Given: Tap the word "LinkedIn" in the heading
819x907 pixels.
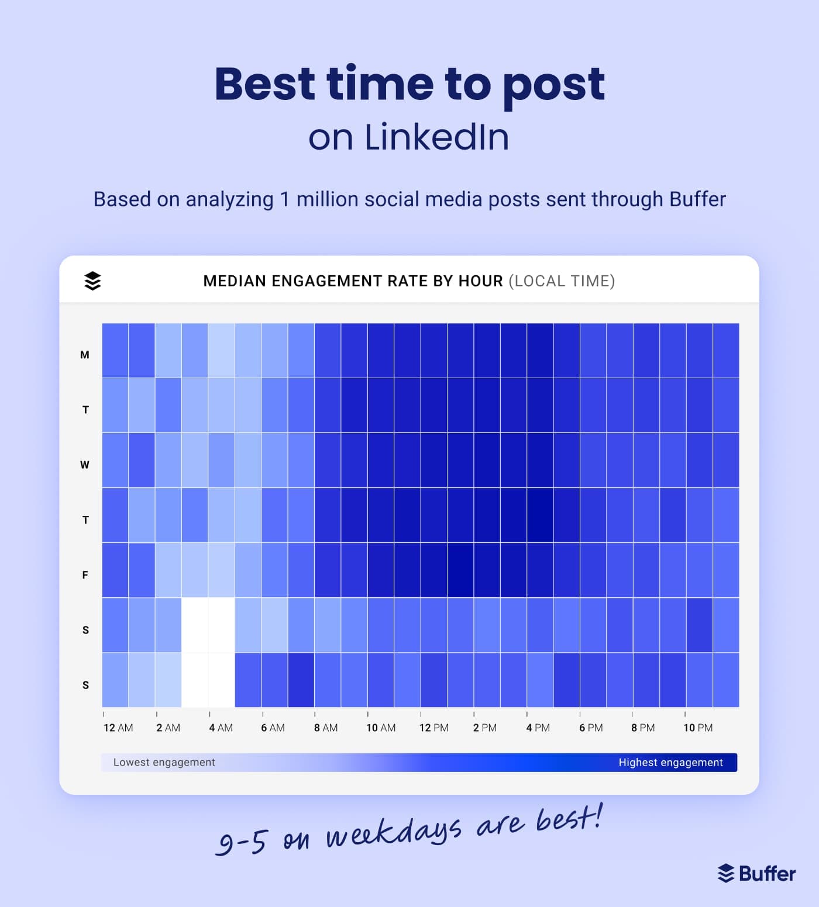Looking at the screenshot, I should [436, 137].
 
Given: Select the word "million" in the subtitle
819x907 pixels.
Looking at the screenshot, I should [327, 199].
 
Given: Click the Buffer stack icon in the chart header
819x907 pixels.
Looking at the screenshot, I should [92, 281].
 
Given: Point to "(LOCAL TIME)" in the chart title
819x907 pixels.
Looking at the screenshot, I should [562, 281].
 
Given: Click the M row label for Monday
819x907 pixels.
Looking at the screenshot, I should [85, 355].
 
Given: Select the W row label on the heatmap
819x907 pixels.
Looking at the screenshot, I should [85, 465].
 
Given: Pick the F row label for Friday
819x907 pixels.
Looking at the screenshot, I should [85, 575].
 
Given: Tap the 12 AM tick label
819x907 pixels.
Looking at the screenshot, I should [118, 728].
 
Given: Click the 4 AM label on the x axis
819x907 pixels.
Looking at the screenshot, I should [221, 728].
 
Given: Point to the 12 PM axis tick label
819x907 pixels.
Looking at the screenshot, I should [433, 728].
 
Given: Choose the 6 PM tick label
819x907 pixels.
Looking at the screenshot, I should [591, 728].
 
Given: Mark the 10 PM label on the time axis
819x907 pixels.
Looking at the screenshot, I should [698, 728].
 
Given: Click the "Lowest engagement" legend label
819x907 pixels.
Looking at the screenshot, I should [164, 762].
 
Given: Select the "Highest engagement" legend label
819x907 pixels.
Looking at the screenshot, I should [670, 762].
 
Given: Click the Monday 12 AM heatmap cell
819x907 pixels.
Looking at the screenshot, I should [115, 350].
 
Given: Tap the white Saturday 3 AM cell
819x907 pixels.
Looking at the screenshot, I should [195, 625].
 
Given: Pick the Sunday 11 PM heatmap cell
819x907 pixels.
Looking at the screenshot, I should [726, 680].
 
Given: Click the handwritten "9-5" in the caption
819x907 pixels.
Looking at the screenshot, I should [242, 842].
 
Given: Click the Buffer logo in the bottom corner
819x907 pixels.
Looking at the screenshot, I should [756, 873].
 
